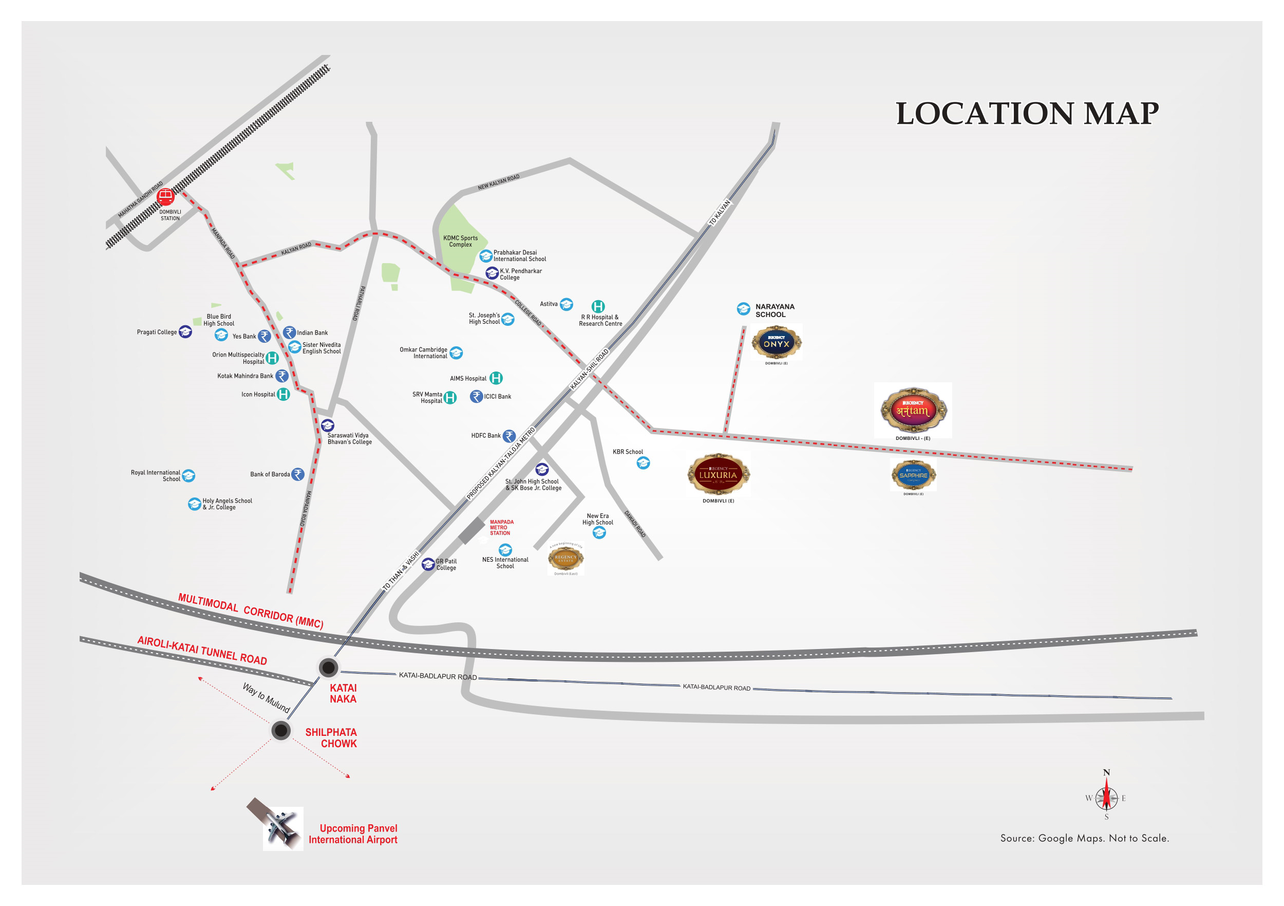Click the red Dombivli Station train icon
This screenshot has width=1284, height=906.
165,196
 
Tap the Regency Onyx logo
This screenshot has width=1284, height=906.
776,342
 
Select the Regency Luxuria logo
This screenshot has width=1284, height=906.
718,474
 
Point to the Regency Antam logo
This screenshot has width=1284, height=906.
913,409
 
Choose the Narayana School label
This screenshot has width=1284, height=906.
775,310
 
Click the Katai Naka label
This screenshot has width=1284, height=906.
343,693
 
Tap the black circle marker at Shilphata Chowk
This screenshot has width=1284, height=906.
281,730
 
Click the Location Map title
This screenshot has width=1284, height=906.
1027,114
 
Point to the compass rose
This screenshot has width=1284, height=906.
1106,798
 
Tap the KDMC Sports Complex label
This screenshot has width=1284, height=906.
460,241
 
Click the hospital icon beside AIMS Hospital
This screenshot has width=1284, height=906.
496,378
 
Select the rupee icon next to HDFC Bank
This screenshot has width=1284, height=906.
509,436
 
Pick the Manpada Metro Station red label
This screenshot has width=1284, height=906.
501,527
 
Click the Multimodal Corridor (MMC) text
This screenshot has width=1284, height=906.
251,611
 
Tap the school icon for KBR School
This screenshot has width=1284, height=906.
643,463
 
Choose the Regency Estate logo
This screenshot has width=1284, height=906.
565,558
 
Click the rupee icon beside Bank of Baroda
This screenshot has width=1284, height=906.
298,474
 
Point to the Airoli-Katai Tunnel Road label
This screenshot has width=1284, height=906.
202,650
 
